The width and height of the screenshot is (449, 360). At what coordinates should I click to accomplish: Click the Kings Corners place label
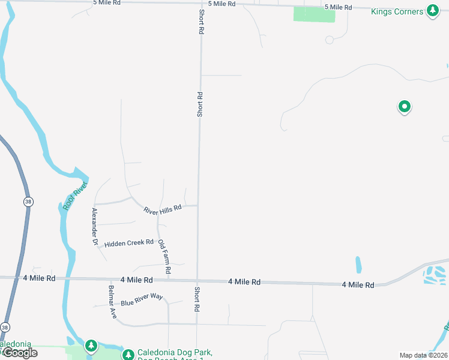(396, 11)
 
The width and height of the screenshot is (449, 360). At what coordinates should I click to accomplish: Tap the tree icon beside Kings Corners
(432, 11)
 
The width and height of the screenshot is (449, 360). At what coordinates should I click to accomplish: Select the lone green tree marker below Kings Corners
(405, 107)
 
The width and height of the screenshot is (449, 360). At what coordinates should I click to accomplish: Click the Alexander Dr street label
(94, 227)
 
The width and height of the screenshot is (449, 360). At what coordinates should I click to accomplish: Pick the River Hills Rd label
(162, 209)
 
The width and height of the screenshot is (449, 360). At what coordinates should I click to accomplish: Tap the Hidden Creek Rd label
(129, 243)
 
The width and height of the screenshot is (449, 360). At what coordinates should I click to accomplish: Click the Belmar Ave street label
(111, 302)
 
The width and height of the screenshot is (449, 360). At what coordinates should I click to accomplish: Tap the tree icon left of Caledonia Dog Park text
(128, 354)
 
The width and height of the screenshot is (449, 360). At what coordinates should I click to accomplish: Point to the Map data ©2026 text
(423, 355)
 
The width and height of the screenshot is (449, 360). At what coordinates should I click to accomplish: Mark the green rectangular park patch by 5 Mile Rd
(314, 14)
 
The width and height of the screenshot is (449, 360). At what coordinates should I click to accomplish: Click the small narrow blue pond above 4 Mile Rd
(358, 265)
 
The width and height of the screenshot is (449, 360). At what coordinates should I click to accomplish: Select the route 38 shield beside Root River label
(28, 202)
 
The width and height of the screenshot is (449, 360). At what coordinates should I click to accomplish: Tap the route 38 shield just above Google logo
(5, 328)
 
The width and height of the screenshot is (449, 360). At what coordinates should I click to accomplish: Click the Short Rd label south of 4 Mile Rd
(196, 299)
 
